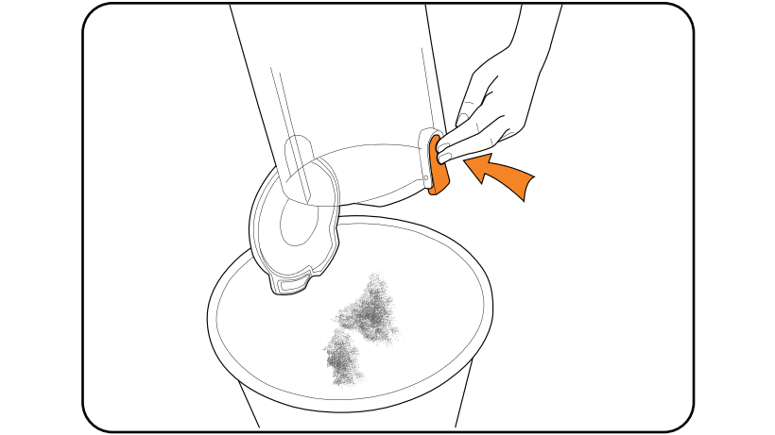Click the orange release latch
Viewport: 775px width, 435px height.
tap(437, 165)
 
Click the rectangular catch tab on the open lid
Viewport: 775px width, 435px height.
tap(295, 280)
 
